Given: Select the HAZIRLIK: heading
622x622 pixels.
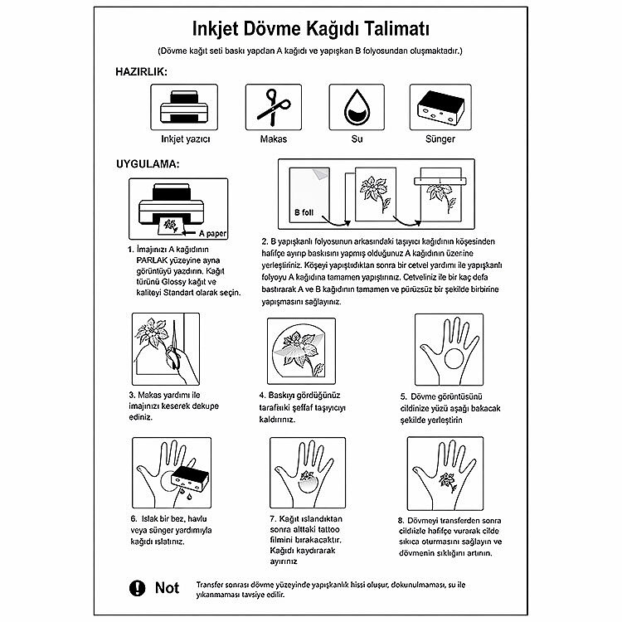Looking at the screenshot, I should pos(142,72).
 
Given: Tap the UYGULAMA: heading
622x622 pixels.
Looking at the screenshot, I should pos(147,163).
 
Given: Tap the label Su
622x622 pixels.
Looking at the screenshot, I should pos(357,139).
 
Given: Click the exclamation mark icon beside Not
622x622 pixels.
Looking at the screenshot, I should pos(138,588).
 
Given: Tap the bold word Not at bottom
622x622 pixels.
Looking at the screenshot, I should pos(167,588).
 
